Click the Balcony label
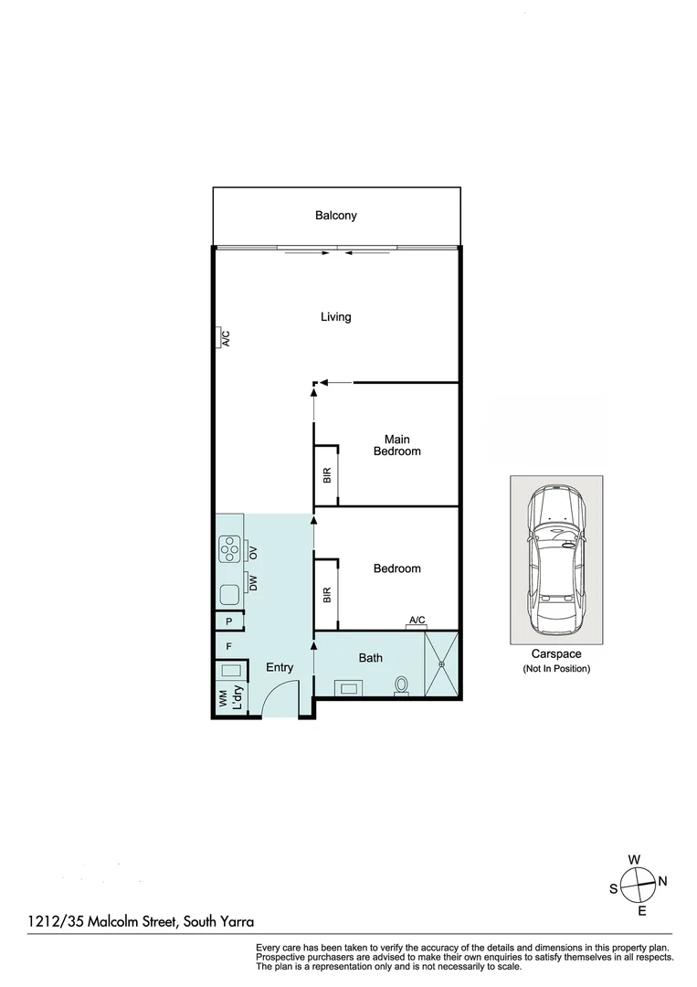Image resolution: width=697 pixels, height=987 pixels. [335, 216]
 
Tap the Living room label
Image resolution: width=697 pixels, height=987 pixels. [335, 317]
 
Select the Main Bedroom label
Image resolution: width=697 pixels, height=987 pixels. [396, 446]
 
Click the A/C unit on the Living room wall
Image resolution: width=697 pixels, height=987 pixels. [223, 338]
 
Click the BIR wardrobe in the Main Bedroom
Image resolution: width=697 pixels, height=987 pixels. [327, 475]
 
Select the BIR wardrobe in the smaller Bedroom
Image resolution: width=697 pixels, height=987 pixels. [327, 593]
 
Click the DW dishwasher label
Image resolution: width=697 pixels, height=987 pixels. [254, 582]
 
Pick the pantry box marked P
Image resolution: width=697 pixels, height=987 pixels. [229, 621]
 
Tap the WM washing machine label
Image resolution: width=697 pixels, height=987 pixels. [222, 699]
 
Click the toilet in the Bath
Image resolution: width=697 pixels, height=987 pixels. [401, 685]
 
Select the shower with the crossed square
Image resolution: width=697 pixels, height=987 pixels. [441, 665]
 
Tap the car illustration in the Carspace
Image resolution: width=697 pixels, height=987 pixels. [555, 561]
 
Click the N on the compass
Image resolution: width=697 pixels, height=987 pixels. [663, 881]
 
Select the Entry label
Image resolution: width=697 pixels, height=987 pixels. [280, 667]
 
